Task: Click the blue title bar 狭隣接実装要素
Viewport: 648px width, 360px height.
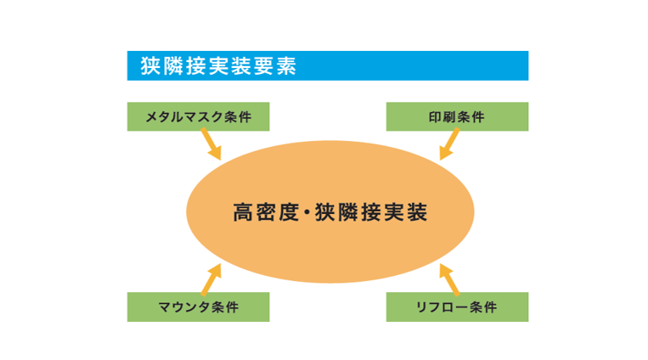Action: pyautogui.click(x=327, y=65)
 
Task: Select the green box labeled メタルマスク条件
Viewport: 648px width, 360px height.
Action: pyautogui.click(x=198, y=116)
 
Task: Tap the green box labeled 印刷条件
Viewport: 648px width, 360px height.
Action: pyautogui.click(x=457, y=116)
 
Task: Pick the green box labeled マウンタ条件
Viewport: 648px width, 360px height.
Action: pyautogui.click(x=198, y=307)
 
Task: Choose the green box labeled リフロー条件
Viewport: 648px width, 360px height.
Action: pyautogui.click(x=457, y=307)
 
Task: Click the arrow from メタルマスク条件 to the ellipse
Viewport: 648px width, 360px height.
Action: pyautogui.click(x=209, y=145)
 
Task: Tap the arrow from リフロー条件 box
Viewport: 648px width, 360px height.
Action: pyautogui.click(x=448, y=277)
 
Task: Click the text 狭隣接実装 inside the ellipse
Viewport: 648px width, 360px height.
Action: pyautogui.click(x=370, y=211)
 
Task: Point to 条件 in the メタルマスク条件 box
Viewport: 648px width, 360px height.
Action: pyautogui.click(x=239, y=117)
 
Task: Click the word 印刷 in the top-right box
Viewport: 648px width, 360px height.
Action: pyautogui.click(x=442, y=117)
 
